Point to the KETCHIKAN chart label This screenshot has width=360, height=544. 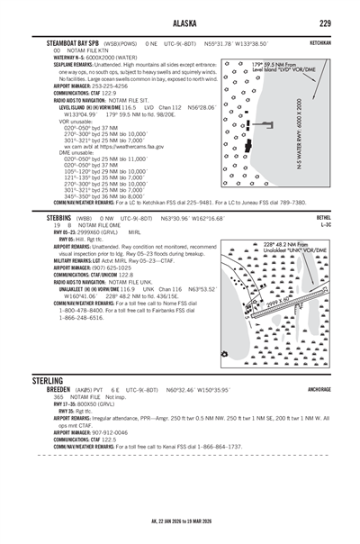(x=334, y=42)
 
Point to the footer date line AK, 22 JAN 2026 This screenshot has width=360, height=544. (x=179, y=521)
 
